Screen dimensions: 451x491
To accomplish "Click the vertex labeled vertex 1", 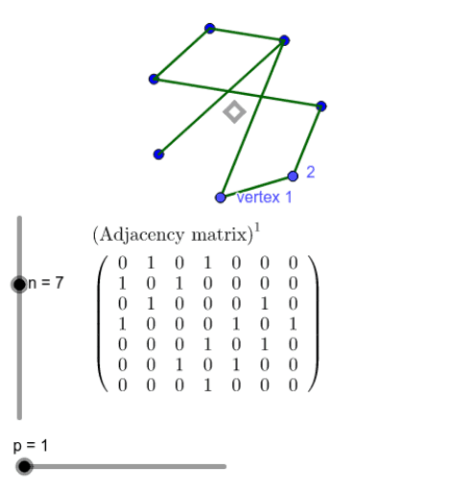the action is [221, 198].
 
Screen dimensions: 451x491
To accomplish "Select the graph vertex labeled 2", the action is [293, 176].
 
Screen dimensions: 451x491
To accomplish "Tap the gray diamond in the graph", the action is [235, 112].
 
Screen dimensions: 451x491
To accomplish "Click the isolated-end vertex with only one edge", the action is [158, 154].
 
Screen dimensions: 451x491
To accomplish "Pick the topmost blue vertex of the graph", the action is [209, 29].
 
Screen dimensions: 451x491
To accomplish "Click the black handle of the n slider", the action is [19, 284].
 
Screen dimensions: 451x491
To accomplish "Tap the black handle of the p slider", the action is [24, 466].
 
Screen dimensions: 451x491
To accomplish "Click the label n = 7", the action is [46, 283].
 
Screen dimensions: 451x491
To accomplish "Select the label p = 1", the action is [31, 446].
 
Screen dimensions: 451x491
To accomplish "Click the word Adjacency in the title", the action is [142, 235].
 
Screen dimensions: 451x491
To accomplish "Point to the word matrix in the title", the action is [219, 235].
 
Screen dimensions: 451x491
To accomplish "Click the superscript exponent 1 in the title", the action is [257, 228].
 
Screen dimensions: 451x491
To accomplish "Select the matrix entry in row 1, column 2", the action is [151, 263].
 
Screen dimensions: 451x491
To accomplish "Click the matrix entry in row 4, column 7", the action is [293, 324].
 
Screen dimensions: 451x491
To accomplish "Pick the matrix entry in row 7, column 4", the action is [207, 386].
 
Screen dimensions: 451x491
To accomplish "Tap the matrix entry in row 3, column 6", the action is [265, 304].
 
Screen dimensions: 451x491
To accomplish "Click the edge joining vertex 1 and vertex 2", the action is [256, 187].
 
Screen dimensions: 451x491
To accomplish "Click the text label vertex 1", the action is [264, 197].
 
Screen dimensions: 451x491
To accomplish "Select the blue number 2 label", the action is [310, 172].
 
